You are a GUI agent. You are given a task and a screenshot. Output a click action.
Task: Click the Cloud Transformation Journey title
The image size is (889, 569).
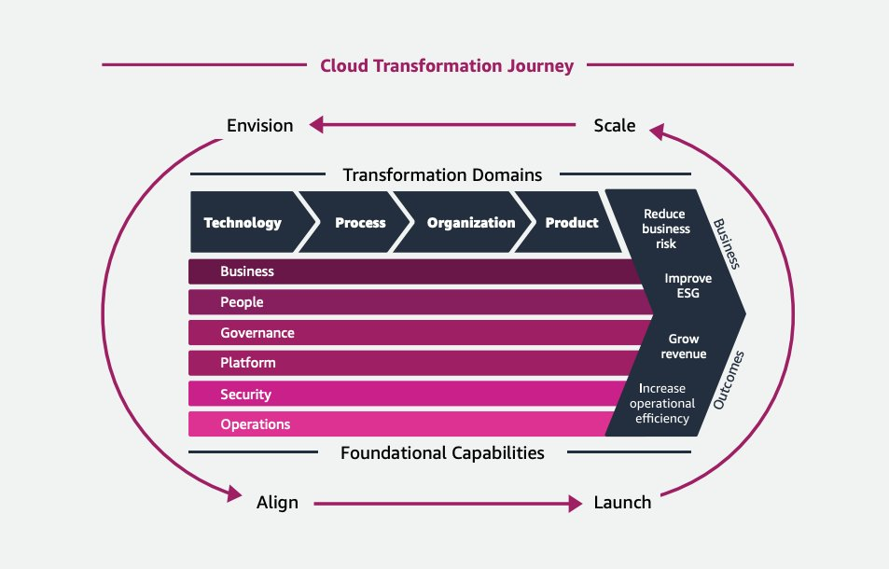click(x=447, y=65)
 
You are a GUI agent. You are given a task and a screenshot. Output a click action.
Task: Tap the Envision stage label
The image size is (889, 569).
click(x=260, y=125)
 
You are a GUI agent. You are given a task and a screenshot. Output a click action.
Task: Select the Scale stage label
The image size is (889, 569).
click(x=615, y=125)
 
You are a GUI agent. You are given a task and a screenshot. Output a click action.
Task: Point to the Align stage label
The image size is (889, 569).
click(x=277, y=503)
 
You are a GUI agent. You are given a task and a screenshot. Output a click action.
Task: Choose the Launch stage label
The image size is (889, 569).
click(x=622, y=503)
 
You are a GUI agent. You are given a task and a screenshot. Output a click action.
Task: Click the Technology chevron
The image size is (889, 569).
click(x=243, y=223)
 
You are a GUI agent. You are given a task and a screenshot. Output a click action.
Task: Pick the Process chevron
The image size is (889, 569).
click(x=360, y=223)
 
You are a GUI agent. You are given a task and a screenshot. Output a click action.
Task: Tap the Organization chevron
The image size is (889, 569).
click(x=470, y=223)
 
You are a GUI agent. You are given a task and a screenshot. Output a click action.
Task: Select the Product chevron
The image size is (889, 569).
click(x=571, y=223)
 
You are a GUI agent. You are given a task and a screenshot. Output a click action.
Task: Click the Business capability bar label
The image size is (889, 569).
click(x=247, y=271)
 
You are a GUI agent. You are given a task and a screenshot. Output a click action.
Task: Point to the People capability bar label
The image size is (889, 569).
click(x=242, y=302)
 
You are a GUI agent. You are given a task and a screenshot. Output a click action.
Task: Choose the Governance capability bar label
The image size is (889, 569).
click(x=257, y=333)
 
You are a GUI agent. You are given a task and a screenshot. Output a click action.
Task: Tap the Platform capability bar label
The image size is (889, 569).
click(x=248, y=363)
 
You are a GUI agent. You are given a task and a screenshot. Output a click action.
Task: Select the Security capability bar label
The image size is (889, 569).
click(x=246, y=395)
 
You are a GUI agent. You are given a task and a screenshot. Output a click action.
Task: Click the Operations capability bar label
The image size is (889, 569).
click(x=256, y=424)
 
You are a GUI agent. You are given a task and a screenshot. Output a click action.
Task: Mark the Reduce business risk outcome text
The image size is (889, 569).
click(x=666, y=229)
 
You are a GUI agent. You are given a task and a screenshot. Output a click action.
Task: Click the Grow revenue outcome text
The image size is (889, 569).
click(x=687, y=346)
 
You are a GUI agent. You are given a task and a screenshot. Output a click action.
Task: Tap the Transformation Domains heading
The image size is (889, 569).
click(x=442, y=174)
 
